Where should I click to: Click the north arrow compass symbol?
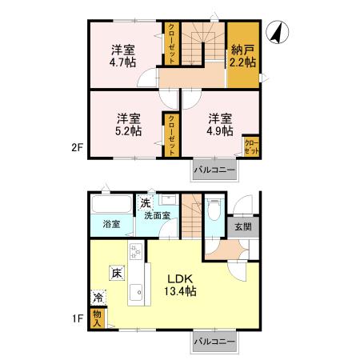pyautogui.click(x=278, y=32)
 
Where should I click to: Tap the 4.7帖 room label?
pyautogui.click(x=122, y=56)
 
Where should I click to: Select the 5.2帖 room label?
pyautogui.click(x=129, y=125)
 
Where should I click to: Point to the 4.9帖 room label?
pyautogui.click(x=220, y=125)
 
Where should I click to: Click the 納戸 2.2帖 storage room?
pyautogui.click(x=243, y=55)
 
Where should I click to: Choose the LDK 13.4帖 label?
pyautogui.click(x=180, y=285)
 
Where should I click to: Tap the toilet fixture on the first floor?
pyautogui.click(x=214, y=210)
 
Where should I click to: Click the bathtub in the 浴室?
pyautogui.click(x=111, y=205)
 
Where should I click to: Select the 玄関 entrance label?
pyautogui.click(x=243, y=227)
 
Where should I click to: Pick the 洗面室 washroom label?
pyautogui.click(x=158, y=215)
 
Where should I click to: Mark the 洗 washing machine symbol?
pyautogui.click(x=146, y=203)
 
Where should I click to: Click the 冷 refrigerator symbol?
pyautogui.click(x=98, y=298)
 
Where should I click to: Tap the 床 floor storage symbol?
pyautogui.click(x=117, y=273)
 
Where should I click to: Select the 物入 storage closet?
pyautogui.click(x=98, y=318)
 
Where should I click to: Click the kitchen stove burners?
pyautogui.click(x=135, y=250)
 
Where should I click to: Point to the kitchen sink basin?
pyautogui.click(x=136, y=292)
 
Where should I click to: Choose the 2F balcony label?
pyautogui.click(x=214, y=170)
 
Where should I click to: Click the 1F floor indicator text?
pyautogui.click(x=78, y=318)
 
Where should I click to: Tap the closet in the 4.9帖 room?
pyautogui.click(x=251, y=146)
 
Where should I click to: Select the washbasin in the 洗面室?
pyautogui.click(x=168, y=199)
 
